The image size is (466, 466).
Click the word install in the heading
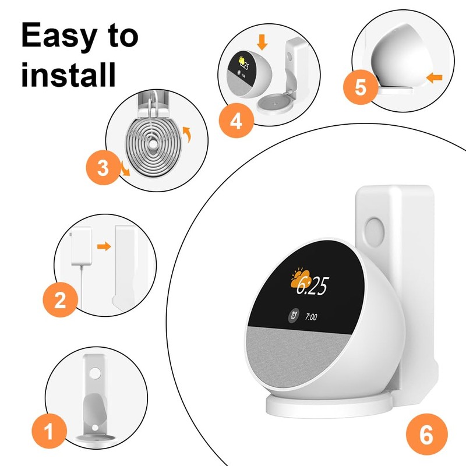[x=69, y=76]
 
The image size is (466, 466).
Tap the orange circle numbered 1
[x=48, y=432]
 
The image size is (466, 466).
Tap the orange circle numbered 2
[x=60, y=300]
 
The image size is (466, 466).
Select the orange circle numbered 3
[x=103, y=169]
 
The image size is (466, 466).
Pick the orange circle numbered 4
[x=235, y=121]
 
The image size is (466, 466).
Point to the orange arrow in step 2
[x=104, y=246]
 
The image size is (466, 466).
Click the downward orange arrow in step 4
[x=262, y=41]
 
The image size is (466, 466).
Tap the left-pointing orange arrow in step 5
[x=433, y=76]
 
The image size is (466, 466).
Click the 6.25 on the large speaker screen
[x=311, y=285]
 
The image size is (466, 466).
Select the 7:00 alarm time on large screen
[x=311, y=317]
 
